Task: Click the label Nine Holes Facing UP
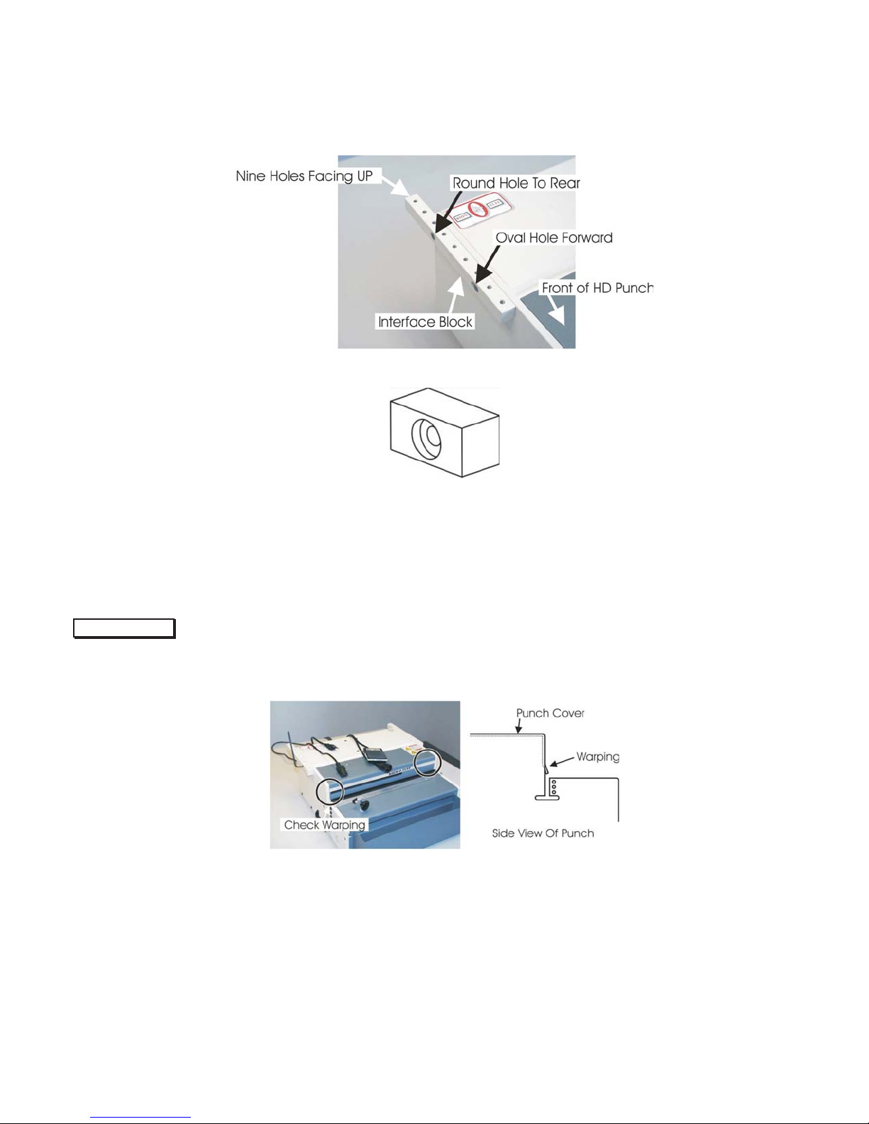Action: pyautogui.click(x=304, y=176)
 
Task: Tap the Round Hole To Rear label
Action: pyautogui.click(x=516, y=182)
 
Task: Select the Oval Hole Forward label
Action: pyautogui.click(x=554, y=238)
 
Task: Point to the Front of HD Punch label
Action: pyautogui.click(x=597, y=288)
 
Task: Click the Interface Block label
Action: pyautogui.click(x=425, y=322)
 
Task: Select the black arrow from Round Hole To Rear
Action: pyautogui.click(x=448, y=213)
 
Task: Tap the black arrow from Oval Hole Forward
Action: pyautogui.click(x=487, y=264)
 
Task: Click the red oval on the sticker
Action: pyautogui.click(x=478, y=209)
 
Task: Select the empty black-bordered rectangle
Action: pyautogui.click(x=124, y=628)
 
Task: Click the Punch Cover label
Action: pyautogui.click(x=550, y=713)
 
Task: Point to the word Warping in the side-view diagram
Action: pyautogui.click(x=597, y=757)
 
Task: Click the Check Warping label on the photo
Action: pyautogui.click(x=324, y=825)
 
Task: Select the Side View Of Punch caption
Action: pyautogui.click(x=543, y=833)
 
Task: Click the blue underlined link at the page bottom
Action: pyautogui.click(x=140, y=1118)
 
